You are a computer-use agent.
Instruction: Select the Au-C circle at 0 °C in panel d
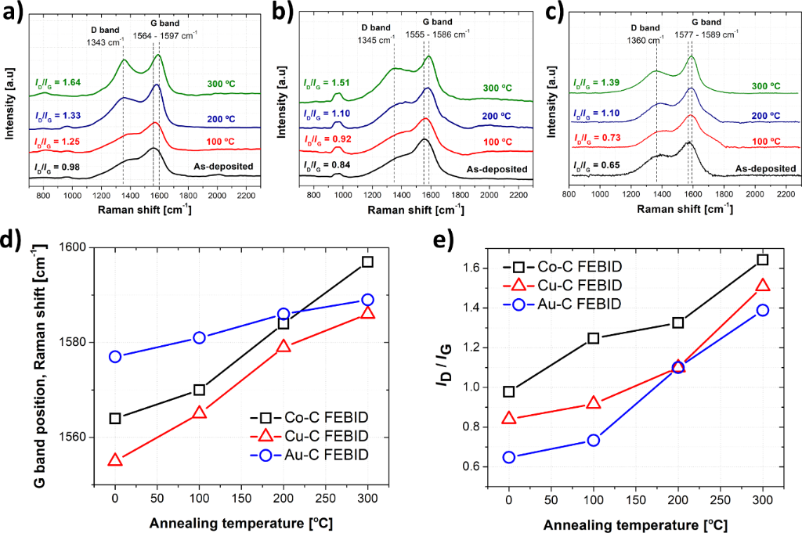tap(115, 356)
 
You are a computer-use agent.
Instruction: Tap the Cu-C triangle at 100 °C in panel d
tap(199, 412)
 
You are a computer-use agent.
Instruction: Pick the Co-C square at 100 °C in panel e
tap(594, 338)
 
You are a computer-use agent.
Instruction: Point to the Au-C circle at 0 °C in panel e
tap(509, 457)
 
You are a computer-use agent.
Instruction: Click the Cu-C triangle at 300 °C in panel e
tap(762, 286)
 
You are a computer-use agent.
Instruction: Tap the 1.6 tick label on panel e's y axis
tap(470, 268)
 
